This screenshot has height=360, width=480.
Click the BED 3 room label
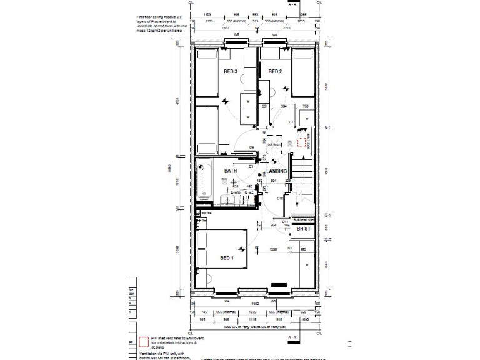pos(230,72)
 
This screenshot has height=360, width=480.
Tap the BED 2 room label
pos(275,72)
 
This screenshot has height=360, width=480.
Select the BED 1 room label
pos(226,257)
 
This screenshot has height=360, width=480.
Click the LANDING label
pos(277,171)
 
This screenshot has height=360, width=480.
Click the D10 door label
pos(281,198)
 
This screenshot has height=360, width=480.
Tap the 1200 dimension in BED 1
pos(272,249)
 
